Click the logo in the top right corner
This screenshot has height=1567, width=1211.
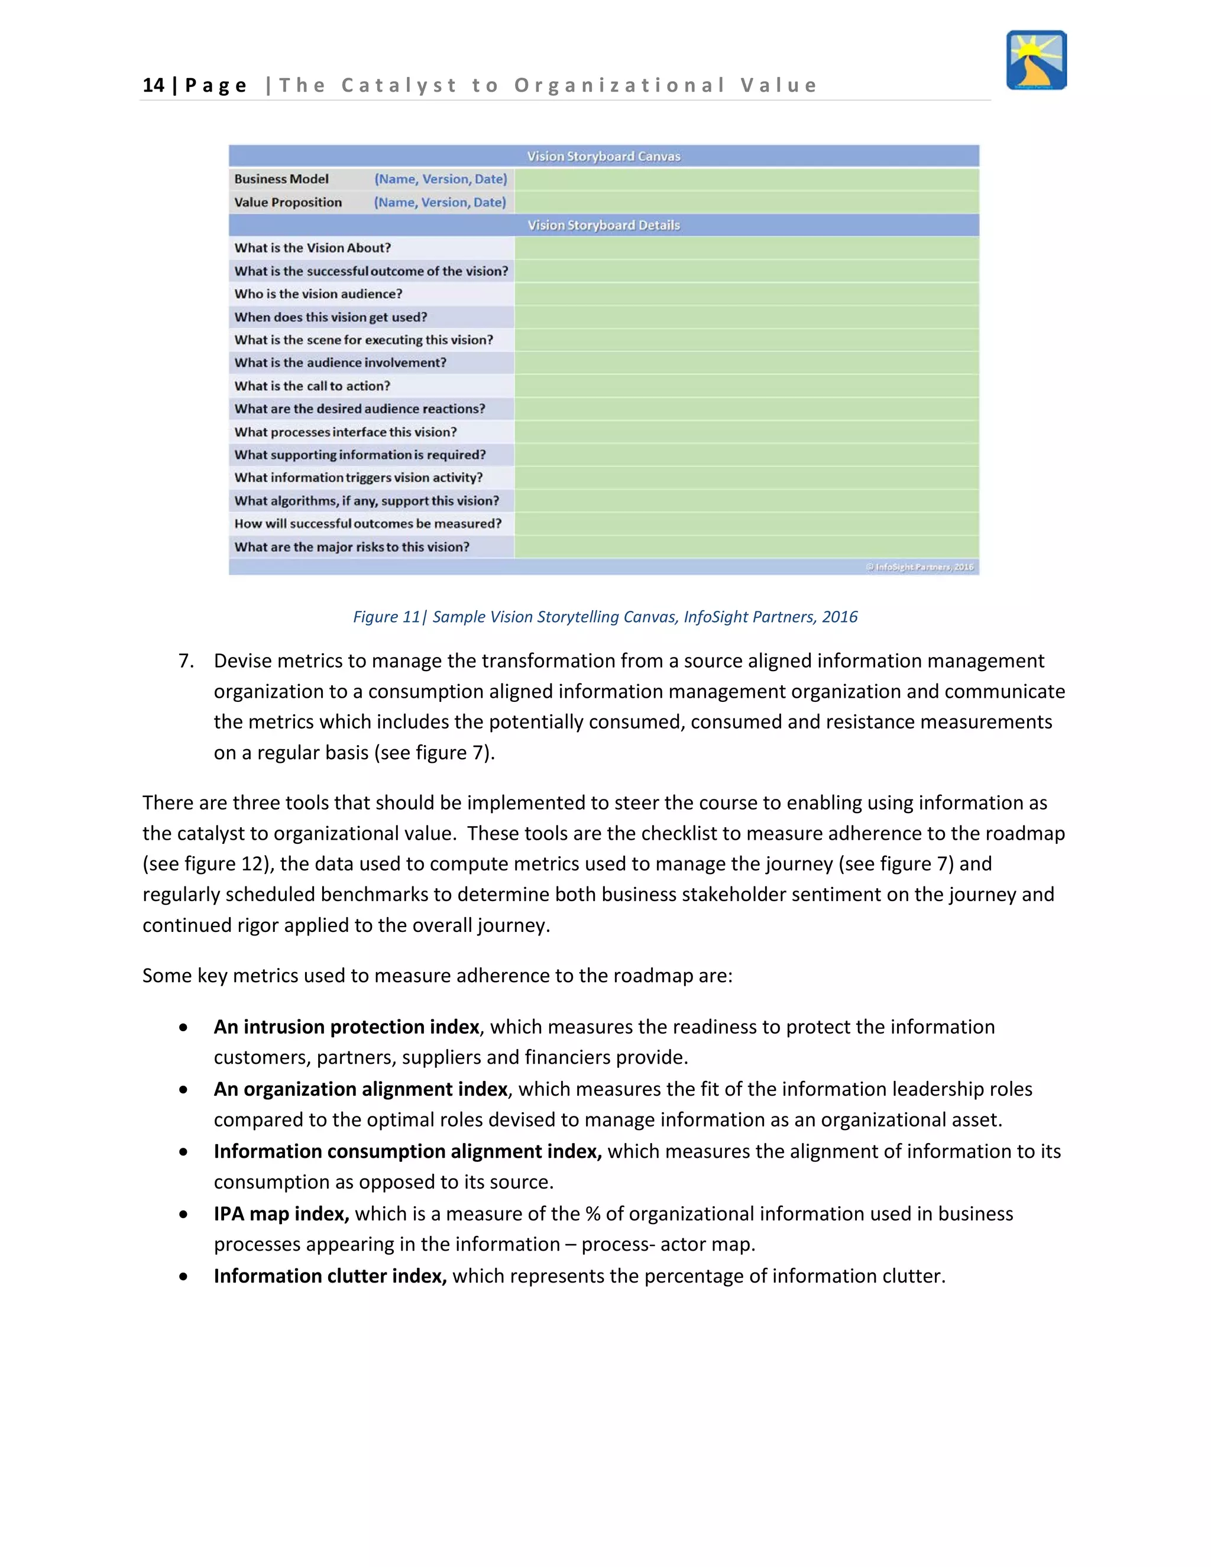tap(1036, 60)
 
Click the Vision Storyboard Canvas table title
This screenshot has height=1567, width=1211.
tap(603, 156)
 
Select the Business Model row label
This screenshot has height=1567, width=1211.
tap(281, 179)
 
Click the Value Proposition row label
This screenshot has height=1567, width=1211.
tap(288, 202)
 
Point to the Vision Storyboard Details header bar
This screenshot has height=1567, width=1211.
tap(603, 225)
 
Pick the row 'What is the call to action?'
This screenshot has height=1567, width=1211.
tap(312, 386)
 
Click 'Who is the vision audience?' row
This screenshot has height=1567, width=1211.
tap(318, 293)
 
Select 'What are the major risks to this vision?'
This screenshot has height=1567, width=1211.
tap(352, 547)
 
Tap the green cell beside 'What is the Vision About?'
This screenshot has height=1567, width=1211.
tap(746, 248)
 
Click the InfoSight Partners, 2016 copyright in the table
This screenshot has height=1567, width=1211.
tap(919, 567)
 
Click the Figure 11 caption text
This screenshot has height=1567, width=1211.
tap(605, 616)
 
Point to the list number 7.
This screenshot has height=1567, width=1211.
tap(186, 661)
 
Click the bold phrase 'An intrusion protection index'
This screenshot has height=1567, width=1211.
tap(346, 1027)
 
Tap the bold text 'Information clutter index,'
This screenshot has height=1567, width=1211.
tap(330, 1275)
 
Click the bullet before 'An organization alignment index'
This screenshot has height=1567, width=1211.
tap(184, 1089)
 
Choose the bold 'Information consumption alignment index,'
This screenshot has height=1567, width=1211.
tap(407, 1151)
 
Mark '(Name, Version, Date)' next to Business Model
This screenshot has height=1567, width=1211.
tap(441, 179)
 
